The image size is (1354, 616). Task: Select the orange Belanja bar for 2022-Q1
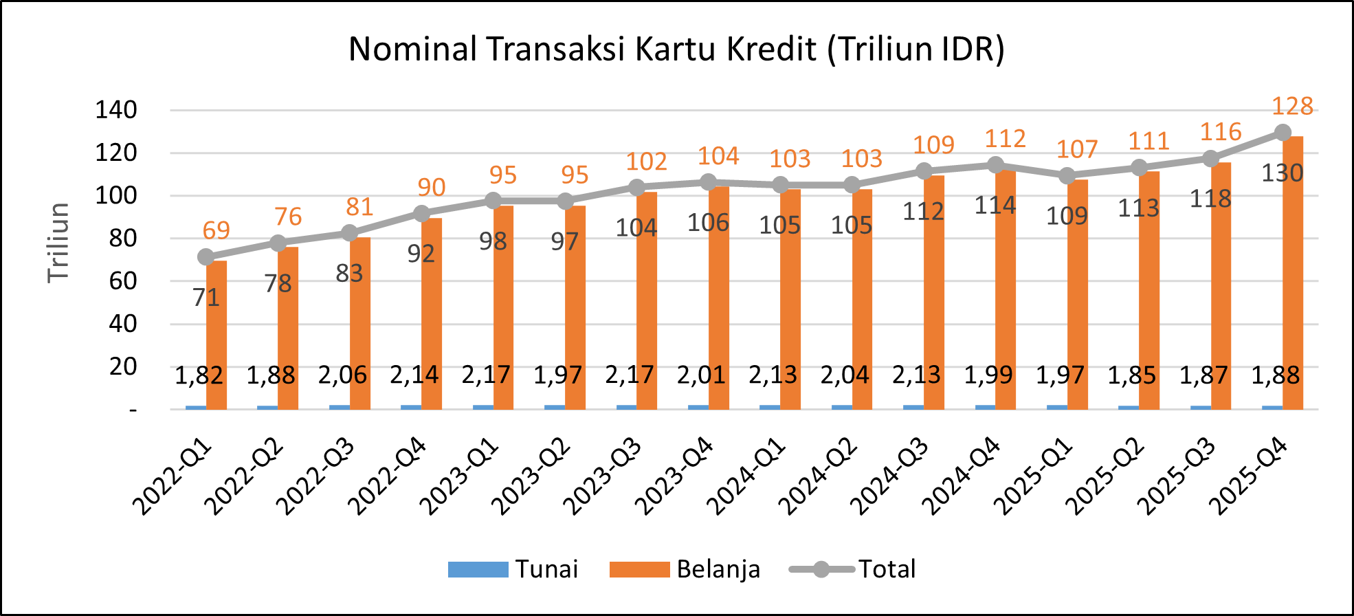[217, 337]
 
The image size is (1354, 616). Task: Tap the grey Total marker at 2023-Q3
[637, 187]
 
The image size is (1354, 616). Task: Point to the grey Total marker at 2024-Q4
[995, 165]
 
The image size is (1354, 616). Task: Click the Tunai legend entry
[513, 569]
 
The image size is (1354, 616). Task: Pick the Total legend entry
[853, 569]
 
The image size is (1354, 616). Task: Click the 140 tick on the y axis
[116, 110]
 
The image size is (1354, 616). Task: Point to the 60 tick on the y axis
[123, 281]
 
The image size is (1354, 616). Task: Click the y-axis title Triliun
[59, 243]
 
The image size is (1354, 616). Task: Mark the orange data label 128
[1292, 107]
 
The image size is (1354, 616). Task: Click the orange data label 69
[216, 230]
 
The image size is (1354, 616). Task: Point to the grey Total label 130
[1282, 173]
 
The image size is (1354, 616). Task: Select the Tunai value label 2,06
[342, 375]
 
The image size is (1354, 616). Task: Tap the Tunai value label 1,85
[1132, 375]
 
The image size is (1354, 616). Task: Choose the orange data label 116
[1221, 132]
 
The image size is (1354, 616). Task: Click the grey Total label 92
[421, 254]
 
